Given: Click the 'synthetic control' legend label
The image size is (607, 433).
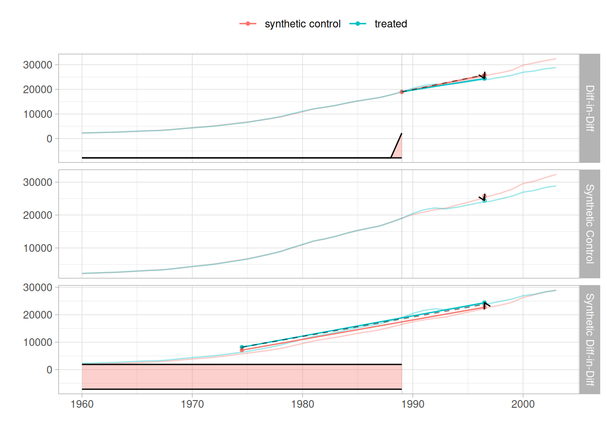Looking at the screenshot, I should tap(302, 24).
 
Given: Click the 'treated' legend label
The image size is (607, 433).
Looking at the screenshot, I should tap(391, 24).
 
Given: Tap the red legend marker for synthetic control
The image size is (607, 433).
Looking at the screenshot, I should tap(248, 24).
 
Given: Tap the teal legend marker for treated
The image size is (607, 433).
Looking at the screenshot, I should tap(358, 24).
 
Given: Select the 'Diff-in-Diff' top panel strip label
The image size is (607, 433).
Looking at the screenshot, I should tap(589, 108).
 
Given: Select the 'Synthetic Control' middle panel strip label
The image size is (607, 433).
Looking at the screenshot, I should tap(589, 224).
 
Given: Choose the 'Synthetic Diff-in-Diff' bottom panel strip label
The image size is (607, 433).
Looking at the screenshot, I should tap(589, 339).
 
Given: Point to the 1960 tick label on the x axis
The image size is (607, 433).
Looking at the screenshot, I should tap(82, 404).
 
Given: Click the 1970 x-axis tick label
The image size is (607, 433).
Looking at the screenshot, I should tap(192, 404).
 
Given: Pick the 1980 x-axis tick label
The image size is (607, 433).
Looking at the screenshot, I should tap(303, 404).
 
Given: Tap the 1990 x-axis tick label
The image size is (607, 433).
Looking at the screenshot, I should tap(413, 404).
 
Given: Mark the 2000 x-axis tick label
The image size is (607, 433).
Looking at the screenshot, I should tap(523, 404).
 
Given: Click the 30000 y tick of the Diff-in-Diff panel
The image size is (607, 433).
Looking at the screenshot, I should tap(37, 65).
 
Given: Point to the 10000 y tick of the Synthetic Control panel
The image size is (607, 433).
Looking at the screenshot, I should tap(37, 248).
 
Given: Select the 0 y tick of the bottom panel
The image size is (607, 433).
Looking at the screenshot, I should tap(49, 370).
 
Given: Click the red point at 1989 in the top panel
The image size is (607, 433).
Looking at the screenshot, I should tap(402, 92).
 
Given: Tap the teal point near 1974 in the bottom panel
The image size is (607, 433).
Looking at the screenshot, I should tap(242, 347).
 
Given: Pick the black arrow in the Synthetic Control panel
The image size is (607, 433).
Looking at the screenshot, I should tap(483, 198).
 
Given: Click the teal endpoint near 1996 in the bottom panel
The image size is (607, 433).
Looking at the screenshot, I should tap(484, 303).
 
